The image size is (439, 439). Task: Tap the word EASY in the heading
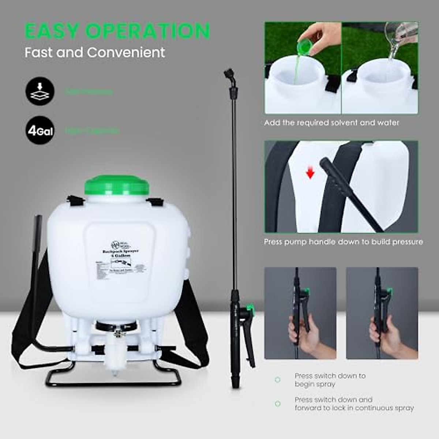click(x=52, y=31)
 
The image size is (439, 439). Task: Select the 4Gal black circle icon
click(x=40, y=130)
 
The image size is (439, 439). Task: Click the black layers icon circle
click(x=40, y=91)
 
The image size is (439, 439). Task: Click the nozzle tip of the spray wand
click(x=229, y=73)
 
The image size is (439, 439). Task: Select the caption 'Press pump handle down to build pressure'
click(x=343, y=242)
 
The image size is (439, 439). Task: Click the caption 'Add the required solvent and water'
click(x=331, y=123)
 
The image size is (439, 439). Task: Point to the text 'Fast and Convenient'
click(x=95, y=52)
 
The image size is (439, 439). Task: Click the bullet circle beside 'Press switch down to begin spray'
click(x=278, y=380)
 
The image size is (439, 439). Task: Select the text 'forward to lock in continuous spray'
click(x=354, y=408)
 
